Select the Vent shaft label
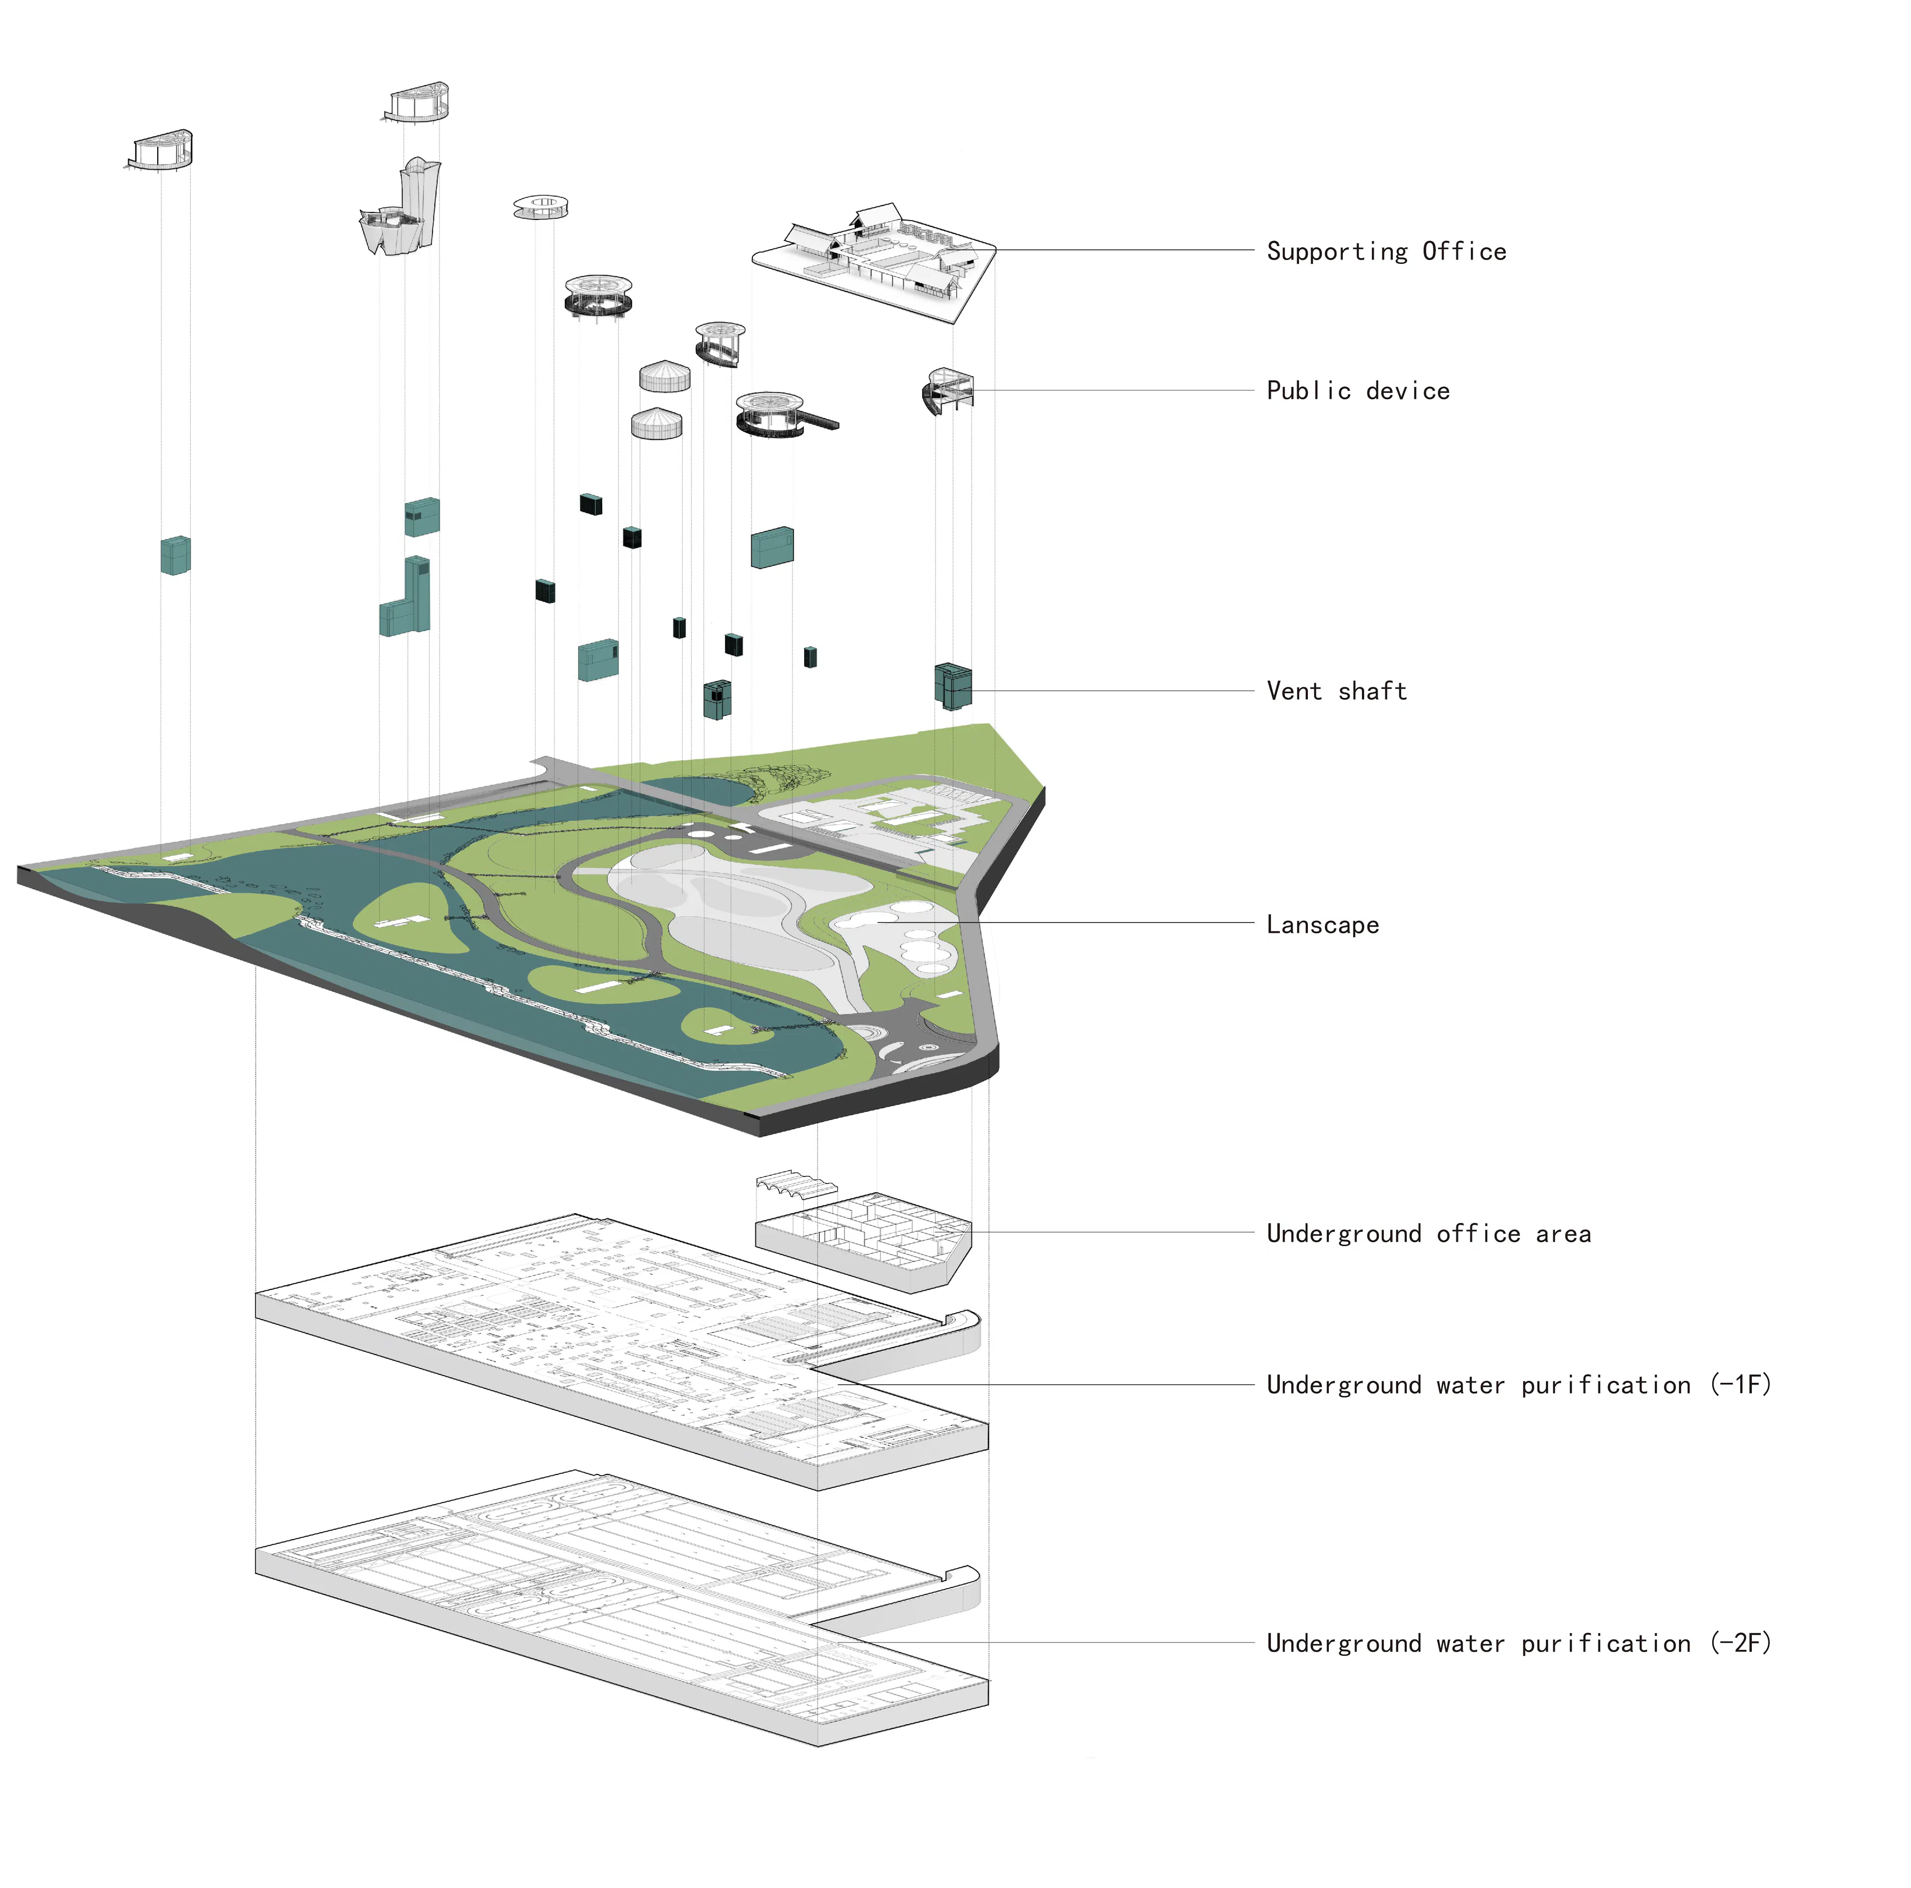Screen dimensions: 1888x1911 click(x=1336, y=691)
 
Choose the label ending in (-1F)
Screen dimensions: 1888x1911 click(x=1518, y=1384)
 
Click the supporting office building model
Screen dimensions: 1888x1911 click(x=875, y=257)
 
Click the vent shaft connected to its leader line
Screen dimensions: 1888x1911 click(x=953, y=686)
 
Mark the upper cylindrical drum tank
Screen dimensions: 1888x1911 click(x=665, y=376)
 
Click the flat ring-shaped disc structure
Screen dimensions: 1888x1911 click(x=540, y=206)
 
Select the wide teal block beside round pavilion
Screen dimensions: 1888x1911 click(x=771, y=547)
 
